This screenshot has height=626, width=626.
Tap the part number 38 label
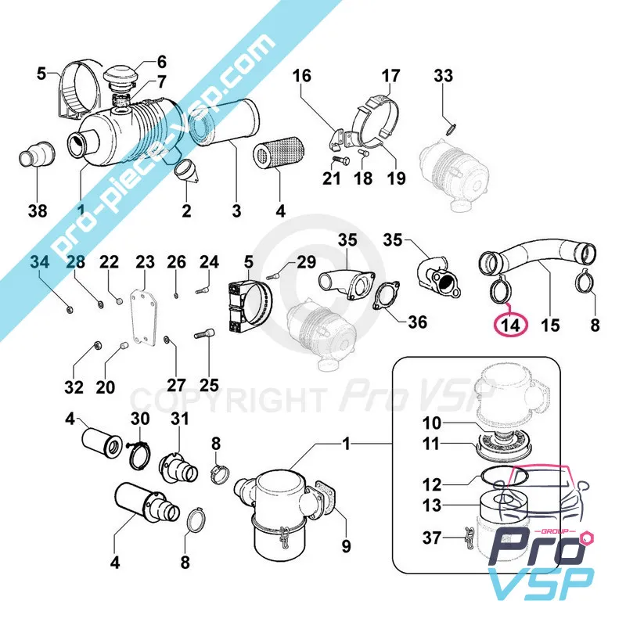pyautogui.click(x=37, y=210)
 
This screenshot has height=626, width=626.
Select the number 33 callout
pyautogui.click(x=444, y=76)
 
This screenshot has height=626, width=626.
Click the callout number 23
pyautogui.click(x=146, y=261)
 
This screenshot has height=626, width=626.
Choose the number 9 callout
pyautogui.click(x=345, y=546)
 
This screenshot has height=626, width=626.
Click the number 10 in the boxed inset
pyautogui.click(x=433, y=423)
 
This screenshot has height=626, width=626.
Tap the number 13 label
pyautogui.click(x=433, y=506)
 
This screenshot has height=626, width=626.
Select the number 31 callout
pyautogui.click(x=180, y=419)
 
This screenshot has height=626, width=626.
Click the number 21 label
pyautogui.click(x=332, y=180)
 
